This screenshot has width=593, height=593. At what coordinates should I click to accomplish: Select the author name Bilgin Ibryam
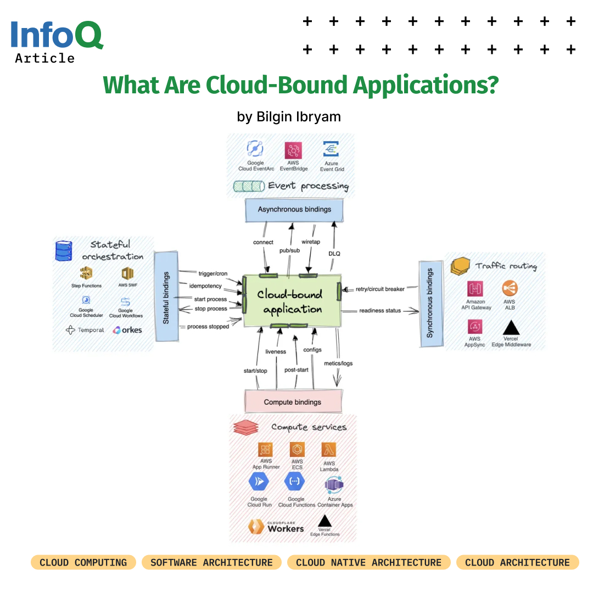pyautogui.click(x=289, y=116)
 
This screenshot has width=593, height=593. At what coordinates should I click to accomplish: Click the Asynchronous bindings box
pyautogui.click(x=294, y=210)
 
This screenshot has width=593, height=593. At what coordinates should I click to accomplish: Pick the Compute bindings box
pyautogui.click(x=293, y=401)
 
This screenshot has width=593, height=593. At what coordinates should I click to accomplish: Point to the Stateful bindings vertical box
pyautogui.click(x=166, y=298)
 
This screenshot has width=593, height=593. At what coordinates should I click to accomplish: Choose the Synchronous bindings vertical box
pyautogui.click(x=430, y=303)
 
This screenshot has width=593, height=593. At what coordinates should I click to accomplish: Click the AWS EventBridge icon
pyautogui.click(x=293, y=150)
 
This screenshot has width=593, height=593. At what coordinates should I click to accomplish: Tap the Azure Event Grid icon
pyautogui.click(x=331, y=149)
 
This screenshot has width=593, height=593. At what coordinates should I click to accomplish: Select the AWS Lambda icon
pyautogui.click(x=329, y=450)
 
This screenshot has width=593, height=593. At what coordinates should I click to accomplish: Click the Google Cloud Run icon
pyautogui.click(x=259, y=482)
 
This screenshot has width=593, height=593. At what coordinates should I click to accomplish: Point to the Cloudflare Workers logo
pyautogui.click(x=276, y=527)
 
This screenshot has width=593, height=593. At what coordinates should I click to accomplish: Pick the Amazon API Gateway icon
pyautogui.click(x=475, y=289)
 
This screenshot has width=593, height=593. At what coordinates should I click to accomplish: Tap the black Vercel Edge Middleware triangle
pyautogui.click(x=511, y=327)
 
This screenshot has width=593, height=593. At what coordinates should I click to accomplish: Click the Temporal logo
pyautogui.click(x=85, y=330)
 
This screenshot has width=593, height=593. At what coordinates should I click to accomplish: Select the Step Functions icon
pyautogui.click(x=86, y=273)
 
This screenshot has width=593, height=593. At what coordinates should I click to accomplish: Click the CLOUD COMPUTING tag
pyautogui.click(x=83, y=562)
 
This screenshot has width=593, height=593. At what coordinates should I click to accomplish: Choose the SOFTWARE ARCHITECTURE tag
pyautogui.click(x=211, y=562)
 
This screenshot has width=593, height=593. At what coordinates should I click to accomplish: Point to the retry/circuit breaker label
pyautogui.click(x=380, y=289)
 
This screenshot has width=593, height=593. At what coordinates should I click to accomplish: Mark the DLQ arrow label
pyautogui.click(x=335, y=253)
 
